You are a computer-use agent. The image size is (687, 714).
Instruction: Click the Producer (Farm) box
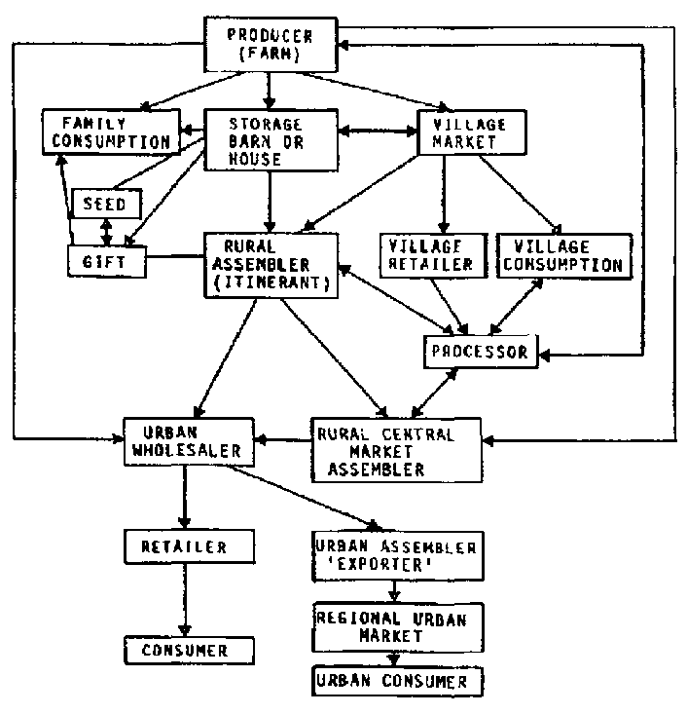(271, 46)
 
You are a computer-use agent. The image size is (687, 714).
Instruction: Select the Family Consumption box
(109, 132)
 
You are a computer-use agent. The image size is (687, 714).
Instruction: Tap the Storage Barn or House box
(270, 140)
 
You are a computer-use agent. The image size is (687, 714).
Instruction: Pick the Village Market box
(470, 132)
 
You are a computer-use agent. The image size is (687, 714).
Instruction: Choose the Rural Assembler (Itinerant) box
(269, 263)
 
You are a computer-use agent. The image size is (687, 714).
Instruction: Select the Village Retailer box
(430, 253)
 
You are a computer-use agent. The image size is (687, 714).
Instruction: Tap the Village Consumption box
(560, 253)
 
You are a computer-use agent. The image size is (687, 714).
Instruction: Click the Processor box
(480, 352)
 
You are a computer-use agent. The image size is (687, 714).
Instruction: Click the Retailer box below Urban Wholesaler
(188, 545)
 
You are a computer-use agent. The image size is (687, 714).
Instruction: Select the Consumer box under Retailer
(188, 649)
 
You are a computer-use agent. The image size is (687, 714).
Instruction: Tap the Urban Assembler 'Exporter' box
(395, 555)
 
